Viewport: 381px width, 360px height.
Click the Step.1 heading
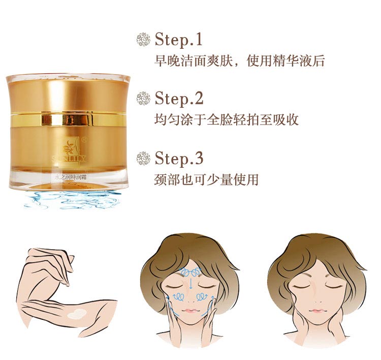point(179,39)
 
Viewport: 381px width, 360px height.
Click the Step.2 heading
point(179,98)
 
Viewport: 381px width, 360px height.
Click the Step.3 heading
point(179,158)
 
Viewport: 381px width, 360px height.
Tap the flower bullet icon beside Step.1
point(144,39)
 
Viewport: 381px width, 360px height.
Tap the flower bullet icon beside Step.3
point(144,158)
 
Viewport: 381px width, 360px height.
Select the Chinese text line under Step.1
point(239,62)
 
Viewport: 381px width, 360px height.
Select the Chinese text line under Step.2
point(226,121)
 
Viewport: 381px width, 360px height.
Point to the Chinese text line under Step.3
point(206,180)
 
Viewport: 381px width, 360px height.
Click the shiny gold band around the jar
point(68,121)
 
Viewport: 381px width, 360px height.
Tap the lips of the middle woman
point(189,311)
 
